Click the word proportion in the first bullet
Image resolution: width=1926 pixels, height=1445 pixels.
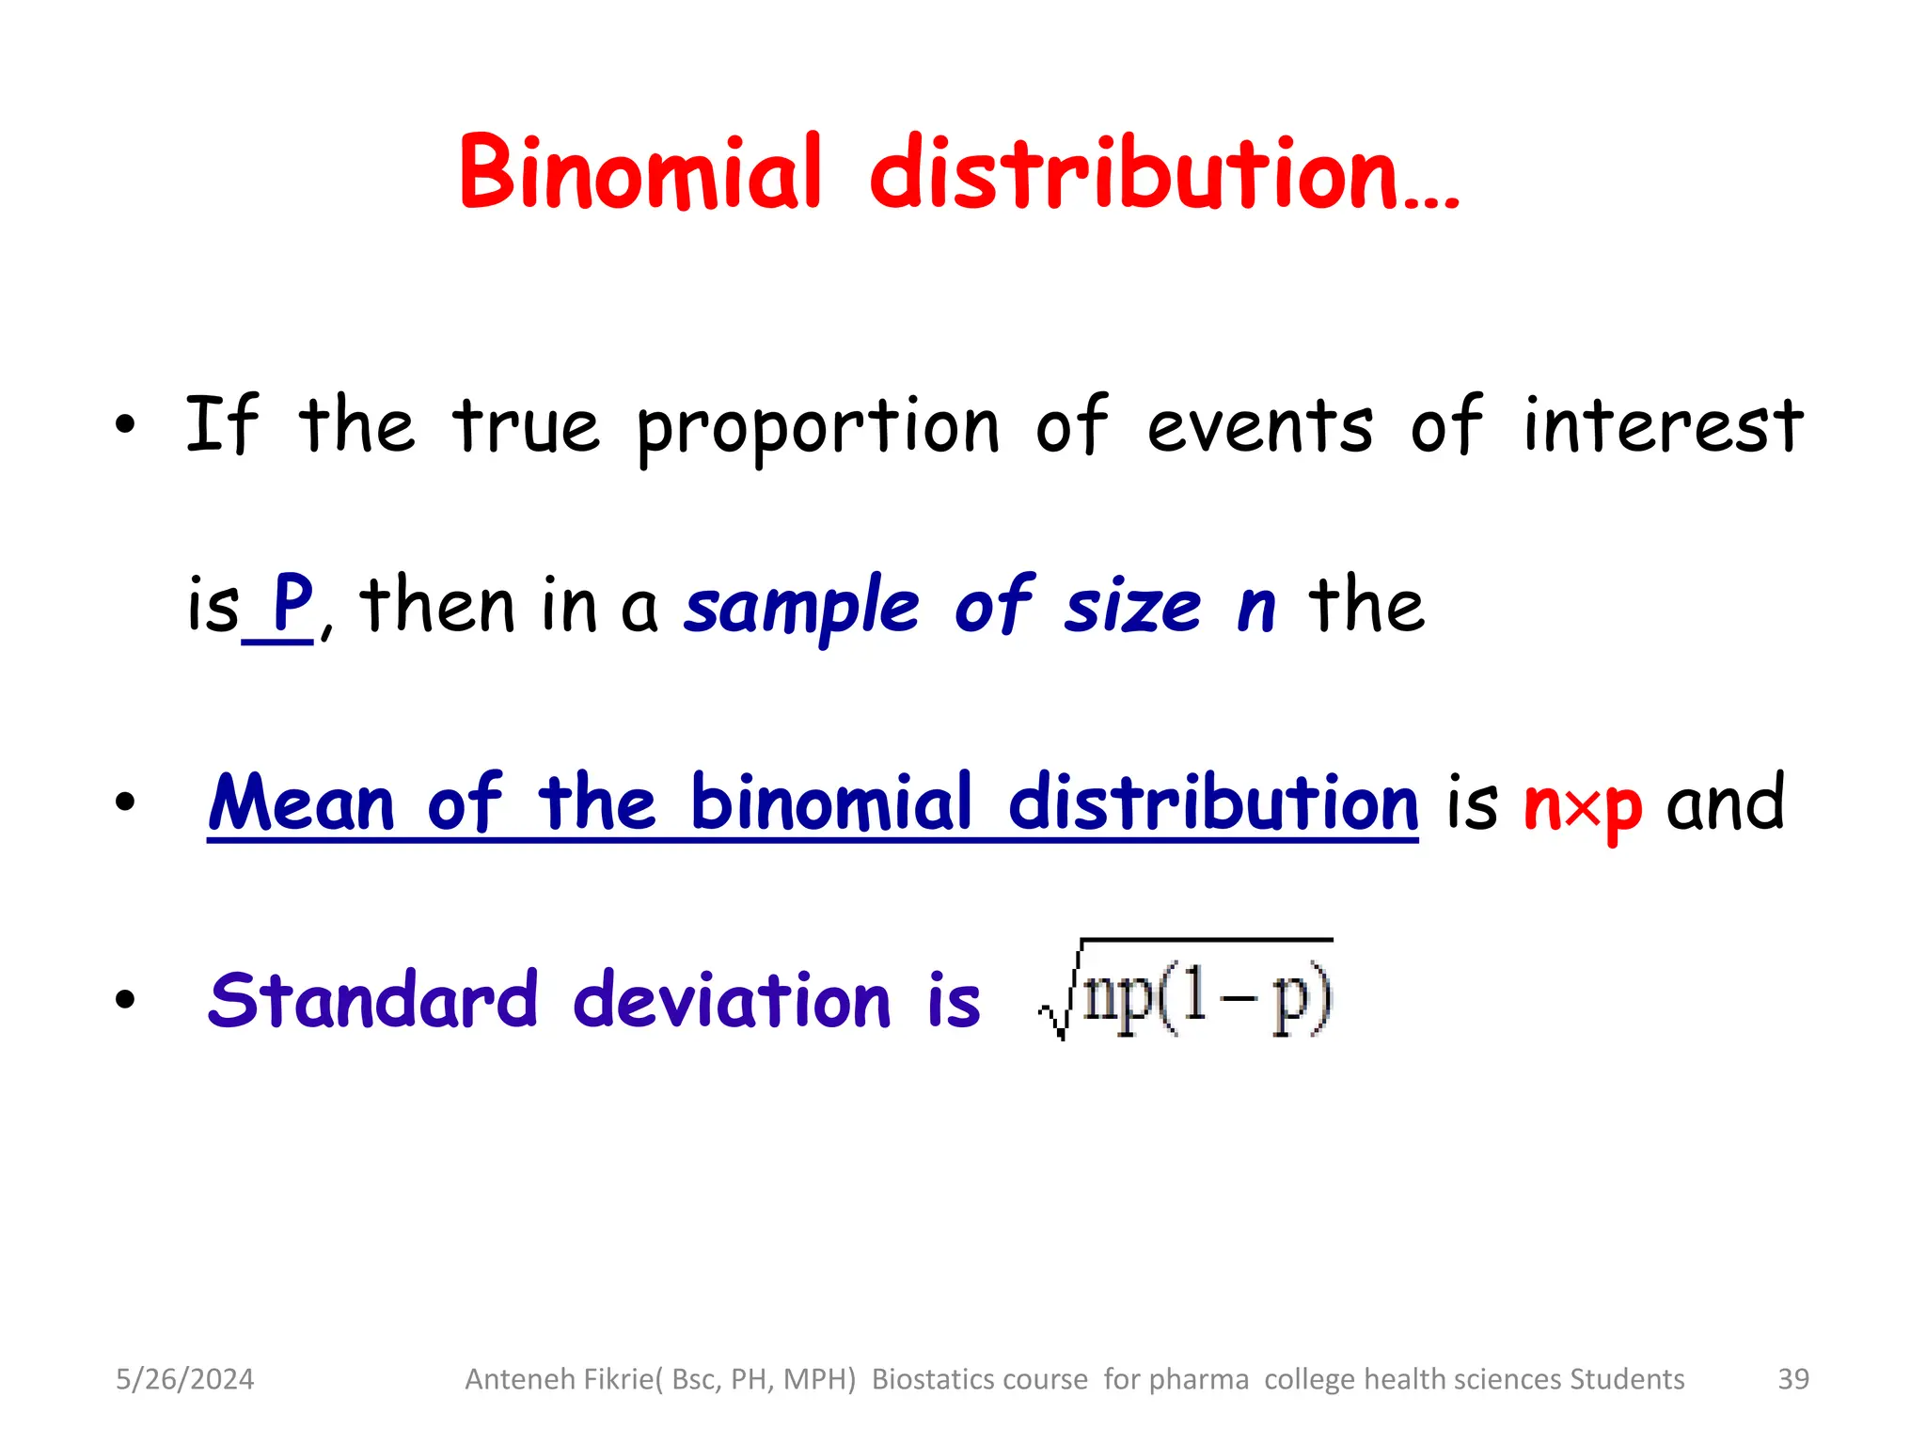tap(817, 428)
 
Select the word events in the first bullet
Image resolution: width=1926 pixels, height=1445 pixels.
tap(1260, 428)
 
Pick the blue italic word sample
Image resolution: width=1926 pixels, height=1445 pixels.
tap(801, 609)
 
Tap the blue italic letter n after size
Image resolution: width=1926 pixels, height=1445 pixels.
tap(1256, 610)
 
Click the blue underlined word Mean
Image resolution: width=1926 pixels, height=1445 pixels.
tap(301, 803)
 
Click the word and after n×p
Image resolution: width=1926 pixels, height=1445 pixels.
tap(1725, 804)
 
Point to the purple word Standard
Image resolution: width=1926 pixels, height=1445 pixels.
tap(372, 999)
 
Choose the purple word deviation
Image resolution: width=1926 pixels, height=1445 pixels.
tap(732, 999)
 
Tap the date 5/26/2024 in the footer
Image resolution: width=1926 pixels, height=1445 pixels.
tap(184, 1379)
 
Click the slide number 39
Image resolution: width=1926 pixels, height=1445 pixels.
tap(1793, 1379)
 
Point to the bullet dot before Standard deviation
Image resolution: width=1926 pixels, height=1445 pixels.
tap(125, 1000)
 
